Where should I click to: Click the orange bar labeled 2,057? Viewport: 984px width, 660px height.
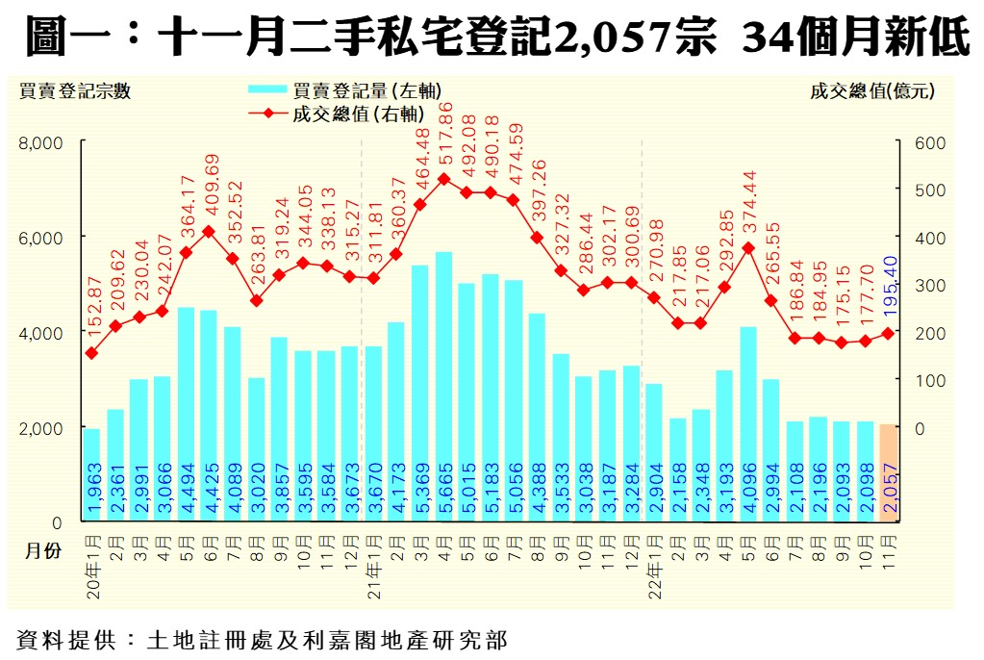coord(888,473)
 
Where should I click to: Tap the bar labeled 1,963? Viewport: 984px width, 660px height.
coord(91,475)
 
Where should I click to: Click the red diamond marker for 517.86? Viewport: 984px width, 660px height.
coord(443,179)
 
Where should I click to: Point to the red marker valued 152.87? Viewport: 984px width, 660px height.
coord(91,353)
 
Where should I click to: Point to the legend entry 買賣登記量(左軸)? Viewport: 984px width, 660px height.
coord(344,90)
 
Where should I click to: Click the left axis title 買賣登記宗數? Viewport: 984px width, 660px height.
coord(74,91)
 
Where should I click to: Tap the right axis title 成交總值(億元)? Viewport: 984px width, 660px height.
coord(872,91)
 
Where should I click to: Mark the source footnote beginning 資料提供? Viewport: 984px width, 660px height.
coord(261,639)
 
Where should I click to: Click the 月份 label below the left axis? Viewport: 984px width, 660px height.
coord(41,551)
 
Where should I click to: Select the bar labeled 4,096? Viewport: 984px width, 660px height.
coord(748,424)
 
